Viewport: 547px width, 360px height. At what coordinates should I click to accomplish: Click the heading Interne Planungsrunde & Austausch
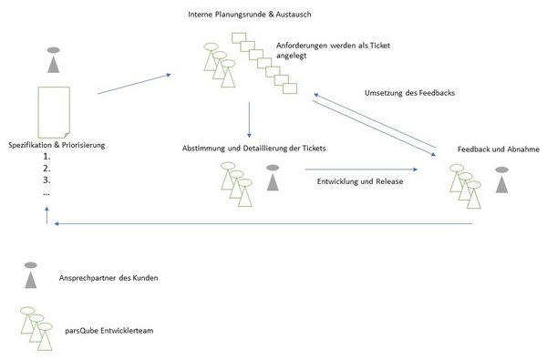click(x=250, y=15)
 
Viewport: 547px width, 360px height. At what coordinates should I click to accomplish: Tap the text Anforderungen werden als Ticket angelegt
click(x=333, y=50)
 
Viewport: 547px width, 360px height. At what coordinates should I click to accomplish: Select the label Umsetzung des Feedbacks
click(x=409, y=93)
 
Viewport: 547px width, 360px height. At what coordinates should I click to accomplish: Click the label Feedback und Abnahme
click(x=499, y=149)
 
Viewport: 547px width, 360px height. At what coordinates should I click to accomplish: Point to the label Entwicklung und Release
click(x=360, y=181)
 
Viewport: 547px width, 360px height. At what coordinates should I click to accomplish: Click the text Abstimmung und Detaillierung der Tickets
click(x=254, y=149)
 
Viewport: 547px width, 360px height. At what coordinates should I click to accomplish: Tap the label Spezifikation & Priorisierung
click(x=57, y=145)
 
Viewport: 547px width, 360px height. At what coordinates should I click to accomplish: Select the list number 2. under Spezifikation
click(x=46, y=169)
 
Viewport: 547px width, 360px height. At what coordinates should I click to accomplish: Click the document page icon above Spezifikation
click(x=54, y=112)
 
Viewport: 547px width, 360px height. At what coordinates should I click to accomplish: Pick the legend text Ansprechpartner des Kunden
click(x=108, y=278)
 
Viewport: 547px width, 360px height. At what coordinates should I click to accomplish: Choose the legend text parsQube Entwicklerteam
click(x=108, y=331)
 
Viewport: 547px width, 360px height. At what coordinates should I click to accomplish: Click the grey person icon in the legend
click(x=31, y=275)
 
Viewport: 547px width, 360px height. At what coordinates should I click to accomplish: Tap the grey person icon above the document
click(x=54, y=60)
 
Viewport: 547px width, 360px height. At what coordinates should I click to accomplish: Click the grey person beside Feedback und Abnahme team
click(x=502, y=180)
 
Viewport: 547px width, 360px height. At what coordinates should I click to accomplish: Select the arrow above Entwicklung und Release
click(x=361, y=170)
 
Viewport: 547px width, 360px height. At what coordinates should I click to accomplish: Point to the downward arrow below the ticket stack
click(x=249, y=119)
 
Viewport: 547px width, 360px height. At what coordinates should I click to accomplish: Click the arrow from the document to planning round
click(x=134, y=84)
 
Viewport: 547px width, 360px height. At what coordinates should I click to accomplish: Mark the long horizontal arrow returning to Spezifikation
click(x=263, y=223)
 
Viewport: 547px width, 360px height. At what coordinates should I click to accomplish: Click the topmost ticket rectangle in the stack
click(x=239, y=38)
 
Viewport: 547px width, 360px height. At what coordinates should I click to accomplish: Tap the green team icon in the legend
click(x=36, y=329)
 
